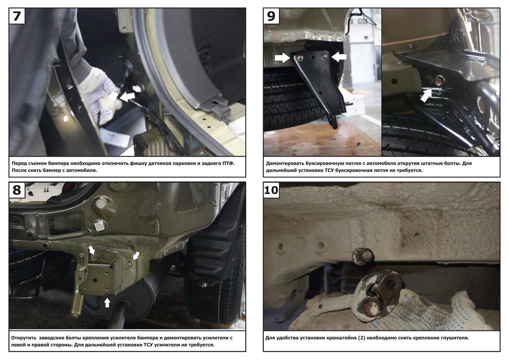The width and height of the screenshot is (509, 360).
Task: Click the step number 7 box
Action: (17, 16)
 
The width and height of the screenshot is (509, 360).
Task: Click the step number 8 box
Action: (17, 190)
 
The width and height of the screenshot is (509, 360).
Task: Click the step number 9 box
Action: (271, 16)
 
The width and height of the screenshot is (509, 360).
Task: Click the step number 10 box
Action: (271, 190)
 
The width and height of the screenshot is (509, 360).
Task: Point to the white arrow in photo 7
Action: (127, 97)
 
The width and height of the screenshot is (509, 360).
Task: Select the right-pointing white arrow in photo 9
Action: (282, 58)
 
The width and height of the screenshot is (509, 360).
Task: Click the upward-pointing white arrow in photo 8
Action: (107, 303)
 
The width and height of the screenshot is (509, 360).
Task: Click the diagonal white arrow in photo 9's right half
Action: (426, 95)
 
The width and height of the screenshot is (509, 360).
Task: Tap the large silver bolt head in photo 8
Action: (100, 225)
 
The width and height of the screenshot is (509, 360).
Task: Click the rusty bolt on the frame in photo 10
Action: (363, 256)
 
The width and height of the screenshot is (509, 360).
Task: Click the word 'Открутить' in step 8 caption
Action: (24, 338)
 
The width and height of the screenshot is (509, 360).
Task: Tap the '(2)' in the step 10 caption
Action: (361, 338)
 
